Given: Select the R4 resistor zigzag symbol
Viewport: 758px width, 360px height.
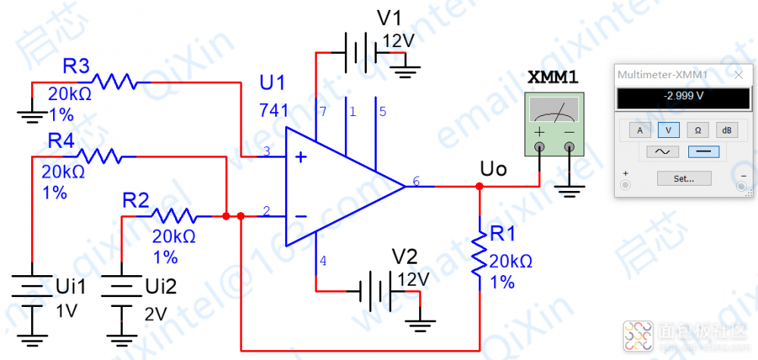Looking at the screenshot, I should pos(99,156).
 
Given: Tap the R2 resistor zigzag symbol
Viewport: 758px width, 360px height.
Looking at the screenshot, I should pos(175,215).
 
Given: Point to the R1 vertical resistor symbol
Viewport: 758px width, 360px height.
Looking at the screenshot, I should pos(479,254).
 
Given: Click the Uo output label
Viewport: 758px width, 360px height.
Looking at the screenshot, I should pos(493,168).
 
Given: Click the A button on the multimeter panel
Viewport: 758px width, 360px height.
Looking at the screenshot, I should pos(639,130).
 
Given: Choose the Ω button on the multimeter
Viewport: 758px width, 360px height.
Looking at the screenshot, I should pos(697,130).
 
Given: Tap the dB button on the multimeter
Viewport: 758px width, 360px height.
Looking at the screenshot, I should pos(726,130).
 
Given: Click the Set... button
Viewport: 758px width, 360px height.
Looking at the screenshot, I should pos(684,179).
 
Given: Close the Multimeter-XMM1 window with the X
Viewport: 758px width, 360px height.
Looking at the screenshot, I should pos(738,74).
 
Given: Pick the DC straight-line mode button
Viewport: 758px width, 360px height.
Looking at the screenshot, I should pos(703,152).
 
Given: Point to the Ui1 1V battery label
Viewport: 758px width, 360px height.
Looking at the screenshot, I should pos(72,286).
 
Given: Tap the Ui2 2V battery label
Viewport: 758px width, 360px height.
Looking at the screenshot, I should pos(161,286).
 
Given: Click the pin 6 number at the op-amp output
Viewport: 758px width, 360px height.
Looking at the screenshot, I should pos(416,182).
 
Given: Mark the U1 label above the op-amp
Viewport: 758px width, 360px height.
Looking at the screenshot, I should pos(271,82).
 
